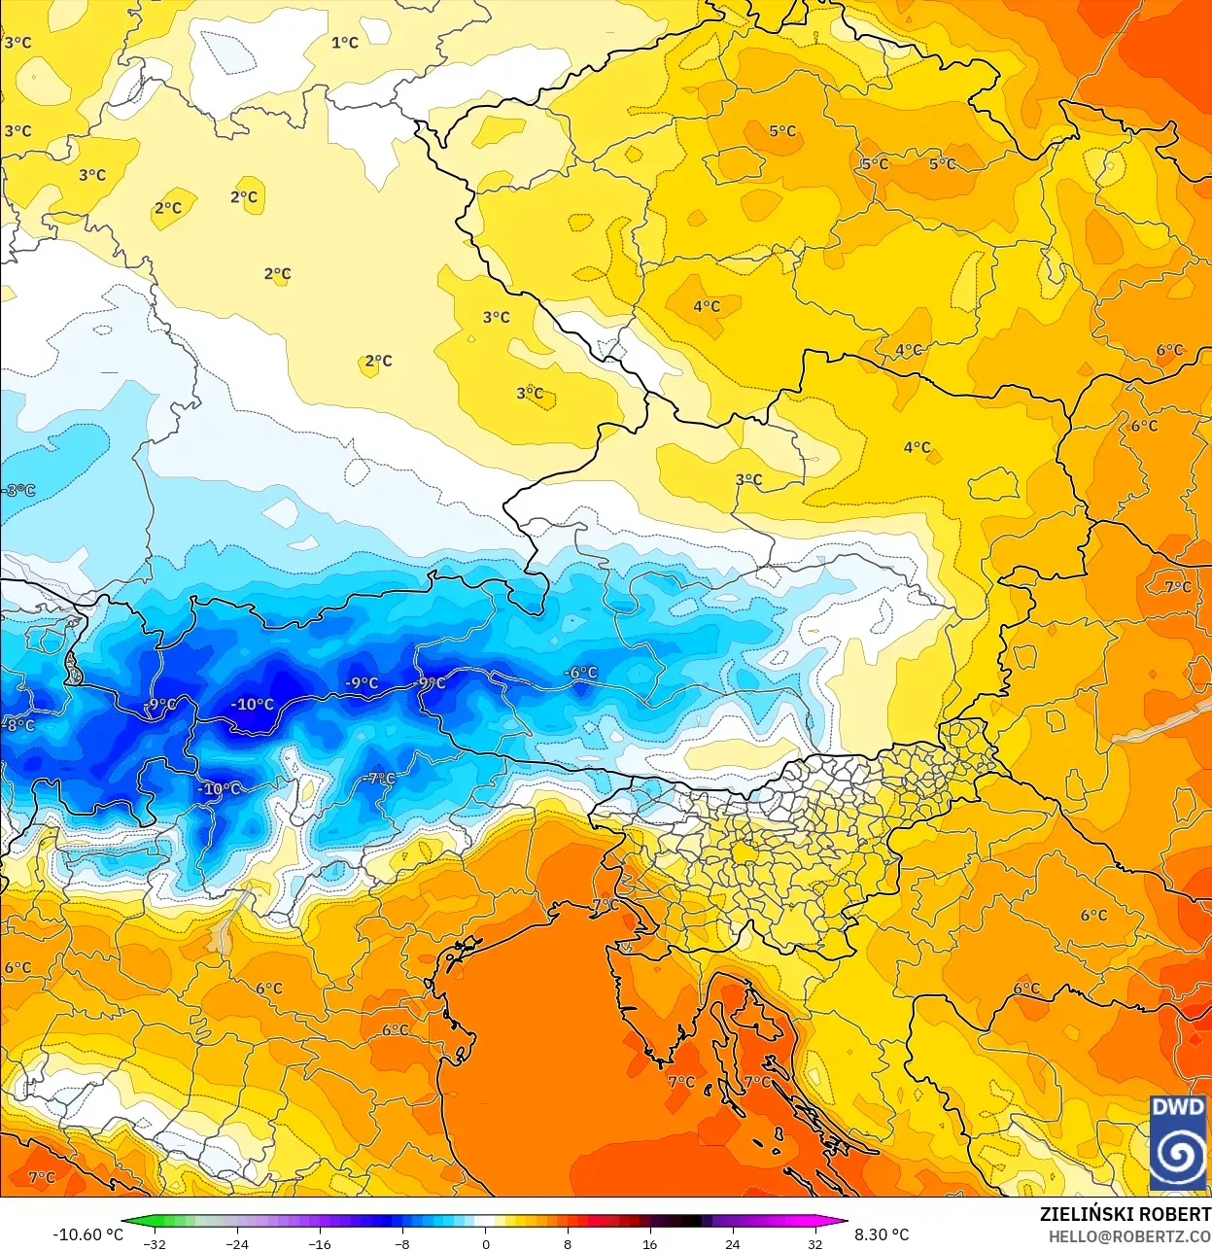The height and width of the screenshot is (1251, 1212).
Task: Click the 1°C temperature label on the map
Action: pyautogui.click(x=345, y=43)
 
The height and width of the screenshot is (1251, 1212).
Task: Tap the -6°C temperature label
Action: pyautogui.click(x=582, y=673)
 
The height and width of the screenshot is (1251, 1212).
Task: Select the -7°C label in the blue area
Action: pyautogui.click(x=379, y=779)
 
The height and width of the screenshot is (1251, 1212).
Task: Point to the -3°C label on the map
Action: pyautogui.click(x=18, y=490)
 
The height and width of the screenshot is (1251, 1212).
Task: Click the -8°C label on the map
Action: pyautogui.click(x=18, y=725)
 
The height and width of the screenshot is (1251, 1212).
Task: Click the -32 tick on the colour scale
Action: pyautogui.click(x=154, y=1243)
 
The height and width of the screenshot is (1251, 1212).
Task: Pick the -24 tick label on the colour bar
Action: pyautogui.click(x=236, y=1243)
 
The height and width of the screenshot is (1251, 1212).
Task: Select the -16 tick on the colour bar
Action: pyautogui.click(x=319, y=1243)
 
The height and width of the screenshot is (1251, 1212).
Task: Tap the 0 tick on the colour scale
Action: pyautogui.click(x=485, y=1243)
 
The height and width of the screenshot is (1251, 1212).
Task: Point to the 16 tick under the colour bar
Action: pyautogui.click(x=649, y=1243)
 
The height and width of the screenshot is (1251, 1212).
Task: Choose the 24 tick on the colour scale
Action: pyautogui.click(x=732, y=1243)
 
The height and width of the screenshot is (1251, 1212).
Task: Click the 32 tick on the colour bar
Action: pyautogui.click(x=814, y=1243)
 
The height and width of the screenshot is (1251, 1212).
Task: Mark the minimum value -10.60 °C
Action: pyautogui.click(x=87, y=1234)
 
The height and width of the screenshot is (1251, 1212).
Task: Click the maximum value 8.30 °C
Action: pyautogui.click(x=882, y=1234)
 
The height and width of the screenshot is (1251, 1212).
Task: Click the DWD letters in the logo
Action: pyautogui.click(x=1178, y=1107)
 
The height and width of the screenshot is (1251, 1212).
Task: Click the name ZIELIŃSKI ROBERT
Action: pyautogui.click(x=1125, y=1214)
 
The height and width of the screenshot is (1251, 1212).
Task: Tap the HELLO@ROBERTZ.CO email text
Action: pyautogui.click(x=1128, y=1236)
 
